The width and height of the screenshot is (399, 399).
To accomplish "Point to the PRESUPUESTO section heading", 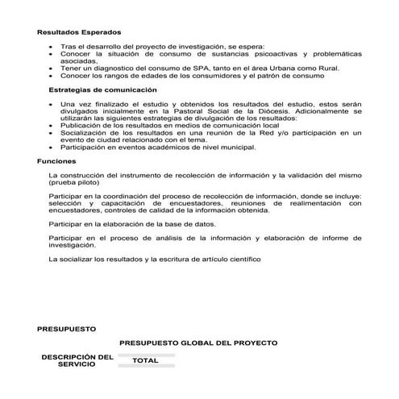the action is pyautogui.click(x=66, y=329).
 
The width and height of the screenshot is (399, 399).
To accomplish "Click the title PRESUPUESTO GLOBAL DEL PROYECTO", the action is pyautogui.click(x=198, y=343).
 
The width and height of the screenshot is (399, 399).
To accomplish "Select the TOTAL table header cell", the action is pyautogui.click(x=145, y=360).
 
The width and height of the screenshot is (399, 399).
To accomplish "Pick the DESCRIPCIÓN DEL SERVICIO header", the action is pyautogui.click(x=77, y=360).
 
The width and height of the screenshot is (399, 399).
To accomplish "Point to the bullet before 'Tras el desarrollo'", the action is pyautogui.click(x=52, y=47).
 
